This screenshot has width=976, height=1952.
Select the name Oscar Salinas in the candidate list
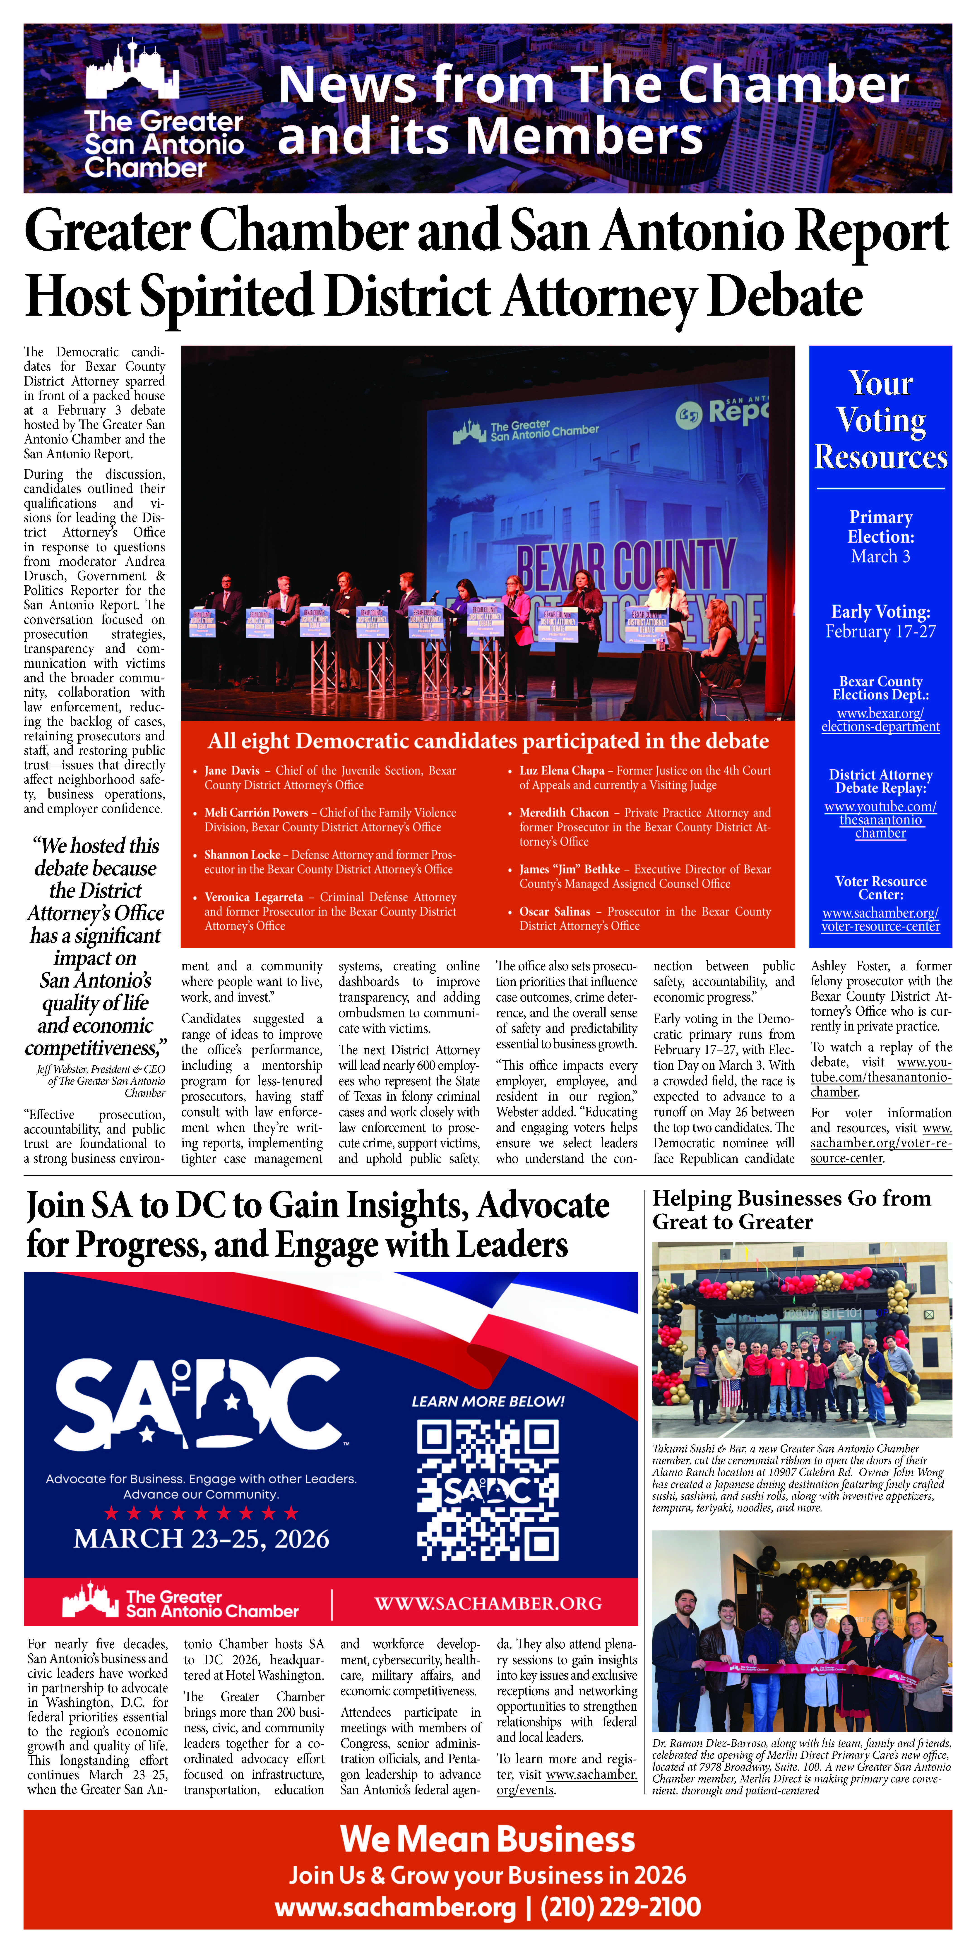[x=555, y=912]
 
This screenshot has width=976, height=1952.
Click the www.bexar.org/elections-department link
[x=880, y=720]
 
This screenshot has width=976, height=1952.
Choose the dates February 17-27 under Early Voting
[x=880, y=631]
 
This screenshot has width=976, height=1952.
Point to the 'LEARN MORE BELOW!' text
[x=488, y=1402]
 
